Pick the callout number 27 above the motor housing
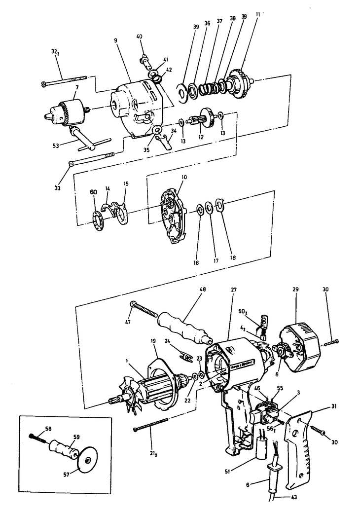click(232, 290)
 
